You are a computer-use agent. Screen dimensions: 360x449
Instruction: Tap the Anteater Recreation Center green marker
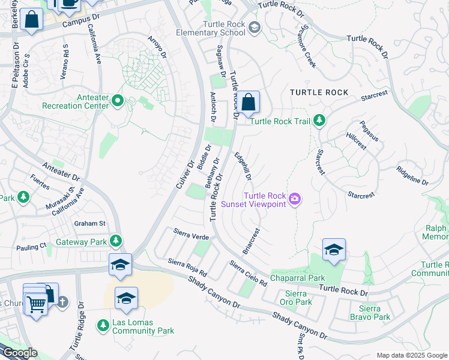coord(118,100)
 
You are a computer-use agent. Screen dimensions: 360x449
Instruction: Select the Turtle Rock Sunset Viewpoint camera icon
coord(294,199)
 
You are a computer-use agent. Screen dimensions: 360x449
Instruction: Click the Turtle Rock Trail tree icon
coord(319,121)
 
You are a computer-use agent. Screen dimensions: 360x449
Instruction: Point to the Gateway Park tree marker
coord(116,242)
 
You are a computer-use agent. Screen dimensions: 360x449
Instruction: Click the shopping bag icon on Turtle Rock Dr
coord(248,103)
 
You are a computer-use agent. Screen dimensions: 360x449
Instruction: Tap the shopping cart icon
coord(36,305)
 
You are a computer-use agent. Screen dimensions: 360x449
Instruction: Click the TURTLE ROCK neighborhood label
coord(319,92)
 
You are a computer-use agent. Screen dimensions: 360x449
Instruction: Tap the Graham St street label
coord(89,224)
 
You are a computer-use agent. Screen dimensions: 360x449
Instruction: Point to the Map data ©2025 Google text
coord(411,355)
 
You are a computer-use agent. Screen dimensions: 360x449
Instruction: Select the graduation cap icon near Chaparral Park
coord(334,250)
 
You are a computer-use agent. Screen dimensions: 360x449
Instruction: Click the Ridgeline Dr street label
coord(412,176)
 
